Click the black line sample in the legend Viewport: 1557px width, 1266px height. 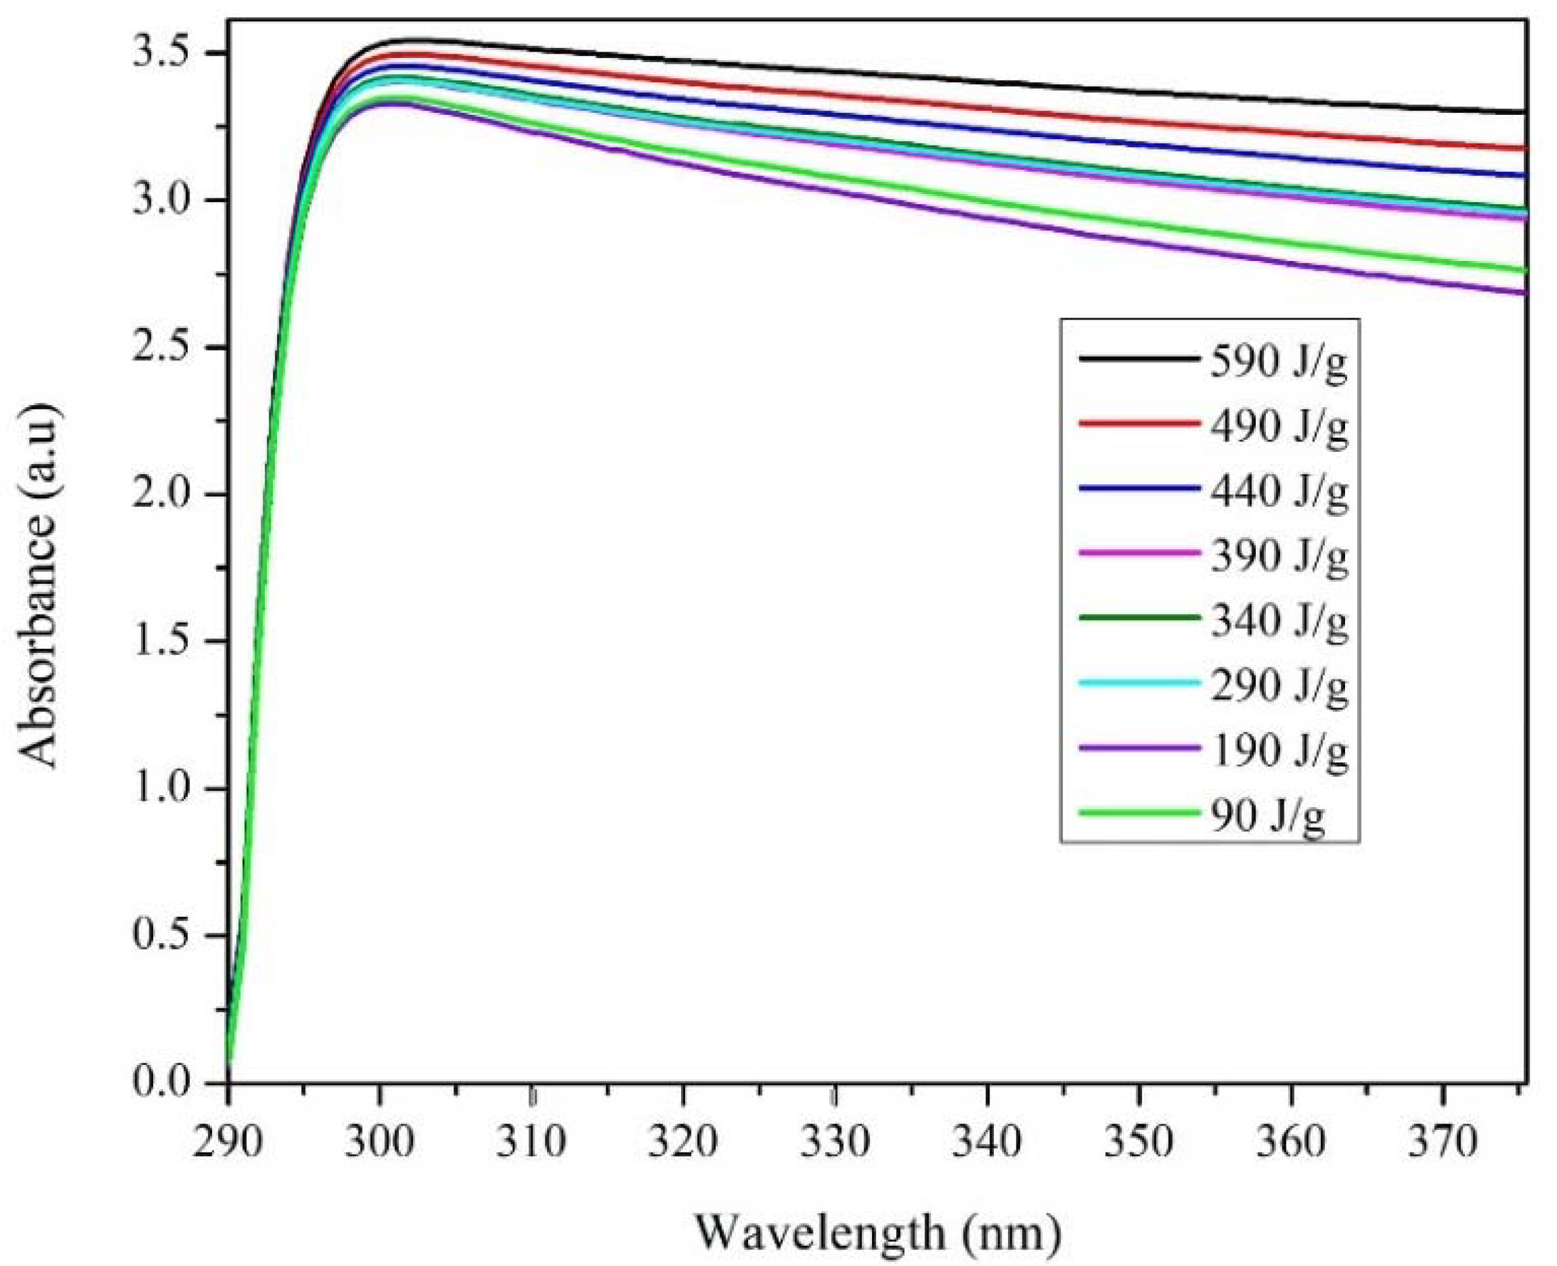(1139, 358)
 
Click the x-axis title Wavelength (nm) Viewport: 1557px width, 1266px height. (878, 1233)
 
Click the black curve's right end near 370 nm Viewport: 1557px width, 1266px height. (1521, 112)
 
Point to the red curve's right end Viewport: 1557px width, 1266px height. (1521, 148)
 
